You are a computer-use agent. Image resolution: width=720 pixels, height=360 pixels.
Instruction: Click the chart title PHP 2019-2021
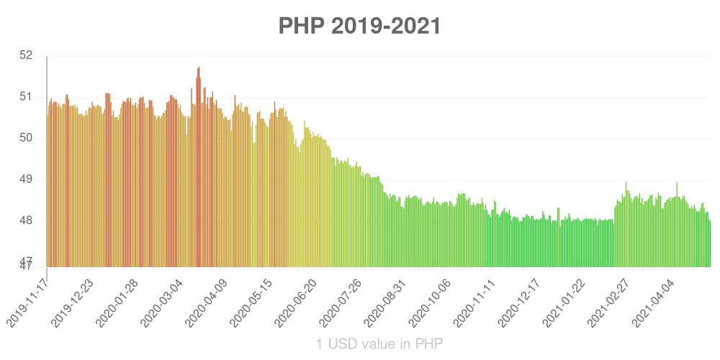[359, 26]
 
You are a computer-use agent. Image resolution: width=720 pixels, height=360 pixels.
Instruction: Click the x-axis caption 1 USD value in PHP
[379, 344]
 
